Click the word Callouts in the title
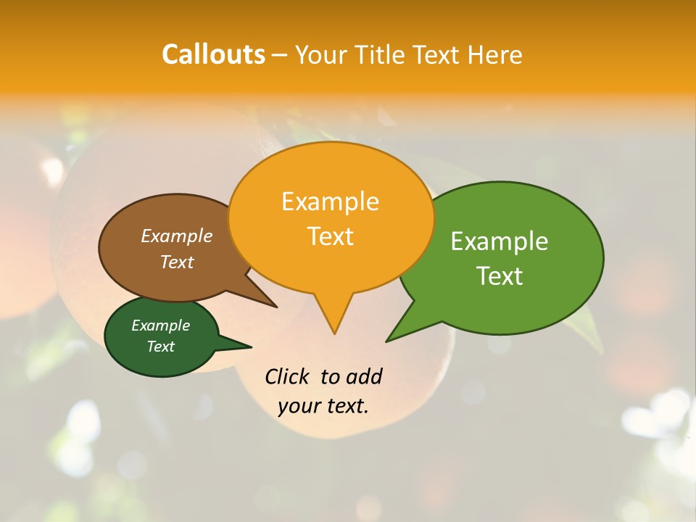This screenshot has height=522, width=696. tap(213, 54)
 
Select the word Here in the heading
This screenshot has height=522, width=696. tap(495, 54)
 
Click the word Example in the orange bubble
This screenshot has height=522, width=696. tap(330, 201)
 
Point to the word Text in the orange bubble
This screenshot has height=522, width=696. tap(330, 236)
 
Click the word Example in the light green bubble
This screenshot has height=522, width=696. tap(500, 241)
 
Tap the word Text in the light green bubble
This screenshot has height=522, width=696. tap(500, 276)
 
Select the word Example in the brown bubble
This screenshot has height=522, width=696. tap(177, 236)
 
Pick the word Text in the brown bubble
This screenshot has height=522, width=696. tap(177, 262)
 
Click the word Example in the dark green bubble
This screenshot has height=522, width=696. tap(160, 326)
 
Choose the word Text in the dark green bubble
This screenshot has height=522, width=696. tap(160, 347)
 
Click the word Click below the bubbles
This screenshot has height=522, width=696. tap(288, 376)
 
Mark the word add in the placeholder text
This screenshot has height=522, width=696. tap(364, 376)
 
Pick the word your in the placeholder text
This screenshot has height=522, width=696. tap(297, 406)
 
